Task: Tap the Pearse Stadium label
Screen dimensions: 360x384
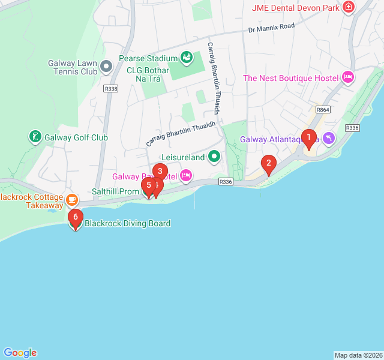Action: pos(148,58)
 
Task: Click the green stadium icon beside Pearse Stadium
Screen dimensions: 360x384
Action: pos(187,58)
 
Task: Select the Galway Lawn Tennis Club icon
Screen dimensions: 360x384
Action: pos(106,66)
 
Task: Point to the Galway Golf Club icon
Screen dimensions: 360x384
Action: pos(35,137)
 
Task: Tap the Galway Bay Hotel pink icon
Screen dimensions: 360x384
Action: pos(186,176)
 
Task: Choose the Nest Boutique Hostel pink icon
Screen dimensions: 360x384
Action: pos(347,77)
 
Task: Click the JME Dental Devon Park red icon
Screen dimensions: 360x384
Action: pos(348,7)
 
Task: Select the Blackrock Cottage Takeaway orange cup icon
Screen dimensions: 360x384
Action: pos(72,199)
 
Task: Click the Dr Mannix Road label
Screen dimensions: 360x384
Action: pos(272,28)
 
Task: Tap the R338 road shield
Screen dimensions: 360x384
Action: pos(110,88)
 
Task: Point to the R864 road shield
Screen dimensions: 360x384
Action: pos(323,110)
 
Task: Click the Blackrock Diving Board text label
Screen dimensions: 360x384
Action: pos(128,223)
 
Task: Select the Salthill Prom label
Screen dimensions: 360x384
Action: pos(116,191)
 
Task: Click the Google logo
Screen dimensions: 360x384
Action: pos(20,353)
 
